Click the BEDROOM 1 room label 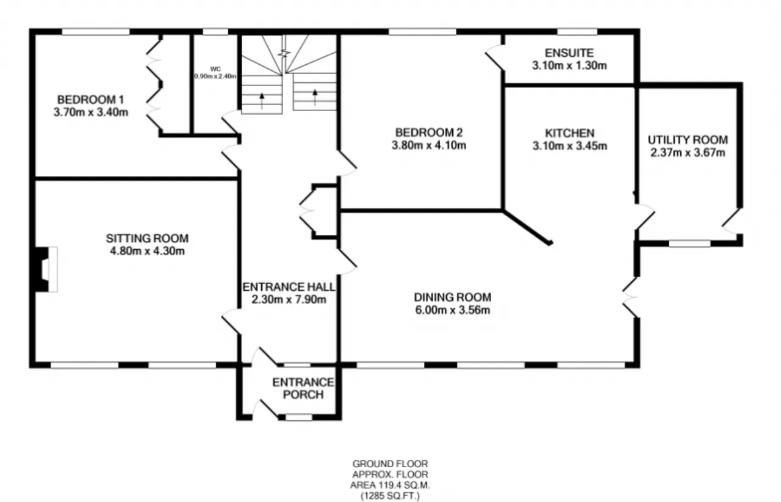point(91,100)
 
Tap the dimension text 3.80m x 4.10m point(429,145)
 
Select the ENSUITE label point(569,53)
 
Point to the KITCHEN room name point(570,133)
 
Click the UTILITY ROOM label point(688,140)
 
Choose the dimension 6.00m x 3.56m point(453,310)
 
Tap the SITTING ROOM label point(147,238)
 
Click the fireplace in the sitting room point(46,269)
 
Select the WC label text point(215,69)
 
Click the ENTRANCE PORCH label point(303,388)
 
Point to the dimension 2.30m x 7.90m point(289,299)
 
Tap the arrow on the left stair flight point(262,101)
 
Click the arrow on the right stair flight point(315,97)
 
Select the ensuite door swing point(494,58)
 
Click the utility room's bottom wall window point(689,243)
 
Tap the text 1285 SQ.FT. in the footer point(390,495)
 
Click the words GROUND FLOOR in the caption point(390,464)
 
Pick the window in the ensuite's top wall point(577,32)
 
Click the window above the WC point(215,32)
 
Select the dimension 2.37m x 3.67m point(688,153)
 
